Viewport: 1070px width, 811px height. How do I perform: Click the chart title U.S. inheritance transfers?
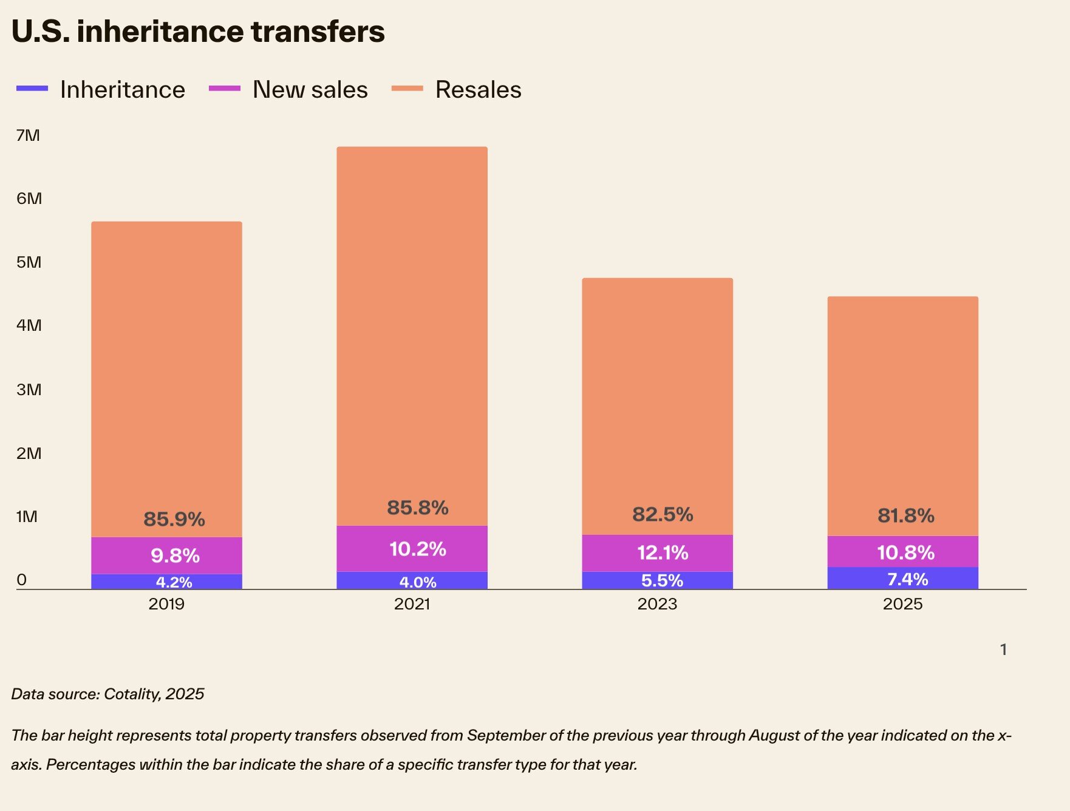click(x=198, y=32)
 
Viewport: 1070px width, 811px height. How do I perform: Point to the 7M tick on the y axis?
click(x=28, y=135)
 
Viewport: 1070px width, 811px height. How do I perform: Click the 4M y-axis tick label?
click(x=29, y=325)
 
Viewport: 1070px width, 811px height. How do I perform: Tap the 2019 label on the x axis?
click(x=166, y=604)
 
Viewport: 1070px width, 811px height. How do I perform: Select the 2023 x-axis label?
click(x=657, y=604)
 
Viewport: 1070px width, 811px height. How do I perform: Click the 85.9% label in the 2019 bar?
click(x=174, y=519)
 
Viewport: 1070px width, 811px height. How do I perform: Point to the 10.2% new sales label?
click(x=418, y=549)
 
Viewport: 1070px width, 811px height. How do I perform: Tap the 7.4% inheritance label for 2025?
click(x=907, y=579)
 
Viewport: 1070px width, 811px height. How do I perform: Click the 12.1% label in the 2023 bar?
click(x=663, y=552)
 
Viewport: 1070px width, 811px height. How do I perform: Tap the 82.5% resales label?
click(x=663, y=514)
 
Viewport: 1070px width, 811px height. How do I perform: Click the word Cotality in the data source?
click(x=131, y=694)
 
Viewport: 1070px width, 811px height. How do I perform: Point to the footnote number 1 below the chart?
click(x=1003, y=650)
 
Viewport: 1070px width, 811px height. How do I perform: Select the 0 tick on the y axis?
click(x=22, y=580)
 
